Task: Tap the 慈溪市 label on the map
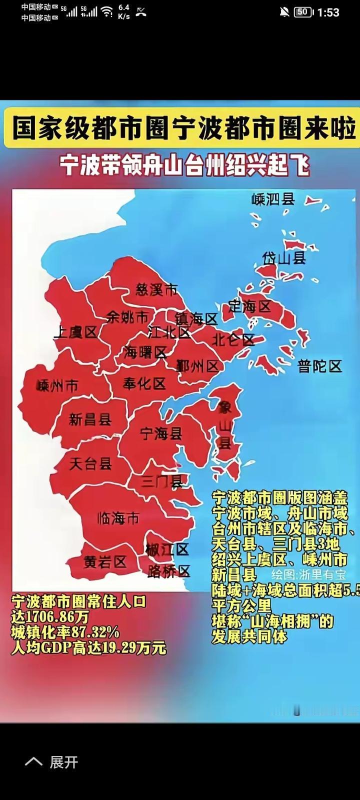(x=156, y=289)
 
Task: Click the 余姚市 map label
(x=127, y=317)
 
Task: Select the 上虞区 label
(x=75, y=332)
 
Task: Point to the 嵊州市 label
(x=57, y=386)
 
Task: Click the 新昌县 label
(x=90, y=419)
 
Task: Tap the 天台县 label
(x=90, y=463)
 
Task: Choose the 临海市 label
(x=118, y=518)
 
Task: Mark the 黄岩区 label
(x=105, y=562)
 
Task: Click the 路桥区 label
(x=169, y=571)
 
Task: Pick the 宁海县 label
(x=161, y=433)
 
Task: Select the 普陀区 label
(x=320, y=366)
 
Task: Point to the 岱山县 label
(x=284, y=258)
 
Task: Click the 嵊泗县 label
(x=273, y=199)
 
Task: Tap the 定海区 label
(x=249, y=306)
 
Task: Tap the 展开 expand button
(x=63, y=762)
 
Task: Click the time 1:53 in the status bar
(x=328, y=12)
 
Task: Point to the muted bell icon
(x=284, y=12)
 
